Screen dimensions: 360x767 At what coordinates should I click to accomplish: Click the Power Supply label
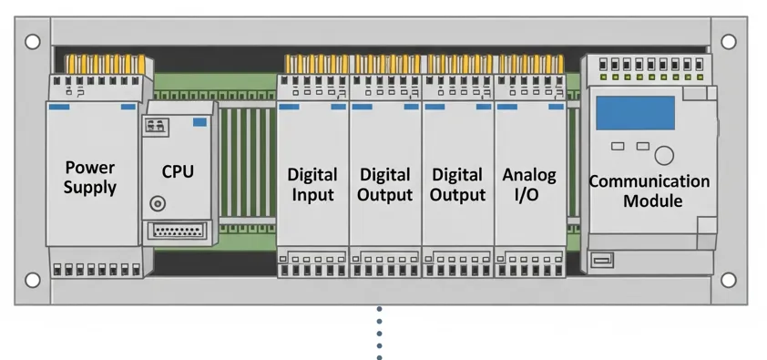pos(90,177)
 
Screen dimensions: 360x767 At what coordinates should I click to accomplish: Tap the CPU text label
pos(177,171)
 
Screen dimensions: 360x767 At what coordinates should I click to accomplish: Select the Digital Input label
pos(312,183)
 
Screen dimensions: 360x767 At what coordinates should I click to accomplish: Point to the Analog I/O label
pos(529,183)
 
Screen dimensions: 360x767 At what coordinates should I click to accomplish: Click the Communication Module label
pos(649,190)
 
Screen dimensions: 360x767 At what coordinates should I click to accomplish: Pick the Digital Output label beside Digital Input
pos(384,183)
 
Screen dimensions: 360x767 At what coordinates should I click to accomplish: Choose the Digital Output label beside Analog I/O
pos(457,183)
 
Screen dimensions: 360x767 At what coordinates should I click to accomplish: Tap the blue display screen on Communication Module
pos(635,113)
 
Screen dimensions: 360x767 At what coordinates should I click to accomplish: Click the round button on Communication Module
pos(665,155)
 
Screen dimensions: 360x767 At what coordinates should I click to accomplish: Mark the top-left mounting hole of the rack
pos(33,41)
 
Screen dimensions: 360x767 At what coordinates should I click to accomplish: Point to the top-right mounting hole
pos(729,41)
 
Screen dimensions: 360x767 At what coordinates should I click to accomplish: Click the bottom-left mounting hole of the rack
pos(33,280)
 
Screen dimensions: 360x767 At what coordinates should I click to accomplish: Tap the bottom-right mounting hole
pos(729,280)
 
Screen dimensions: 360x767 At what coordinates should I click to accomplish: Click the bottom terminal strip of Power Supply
pos(98,270)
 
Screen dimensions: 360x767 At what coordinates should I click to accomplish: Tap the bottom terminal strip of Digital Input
pos(312,267)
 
